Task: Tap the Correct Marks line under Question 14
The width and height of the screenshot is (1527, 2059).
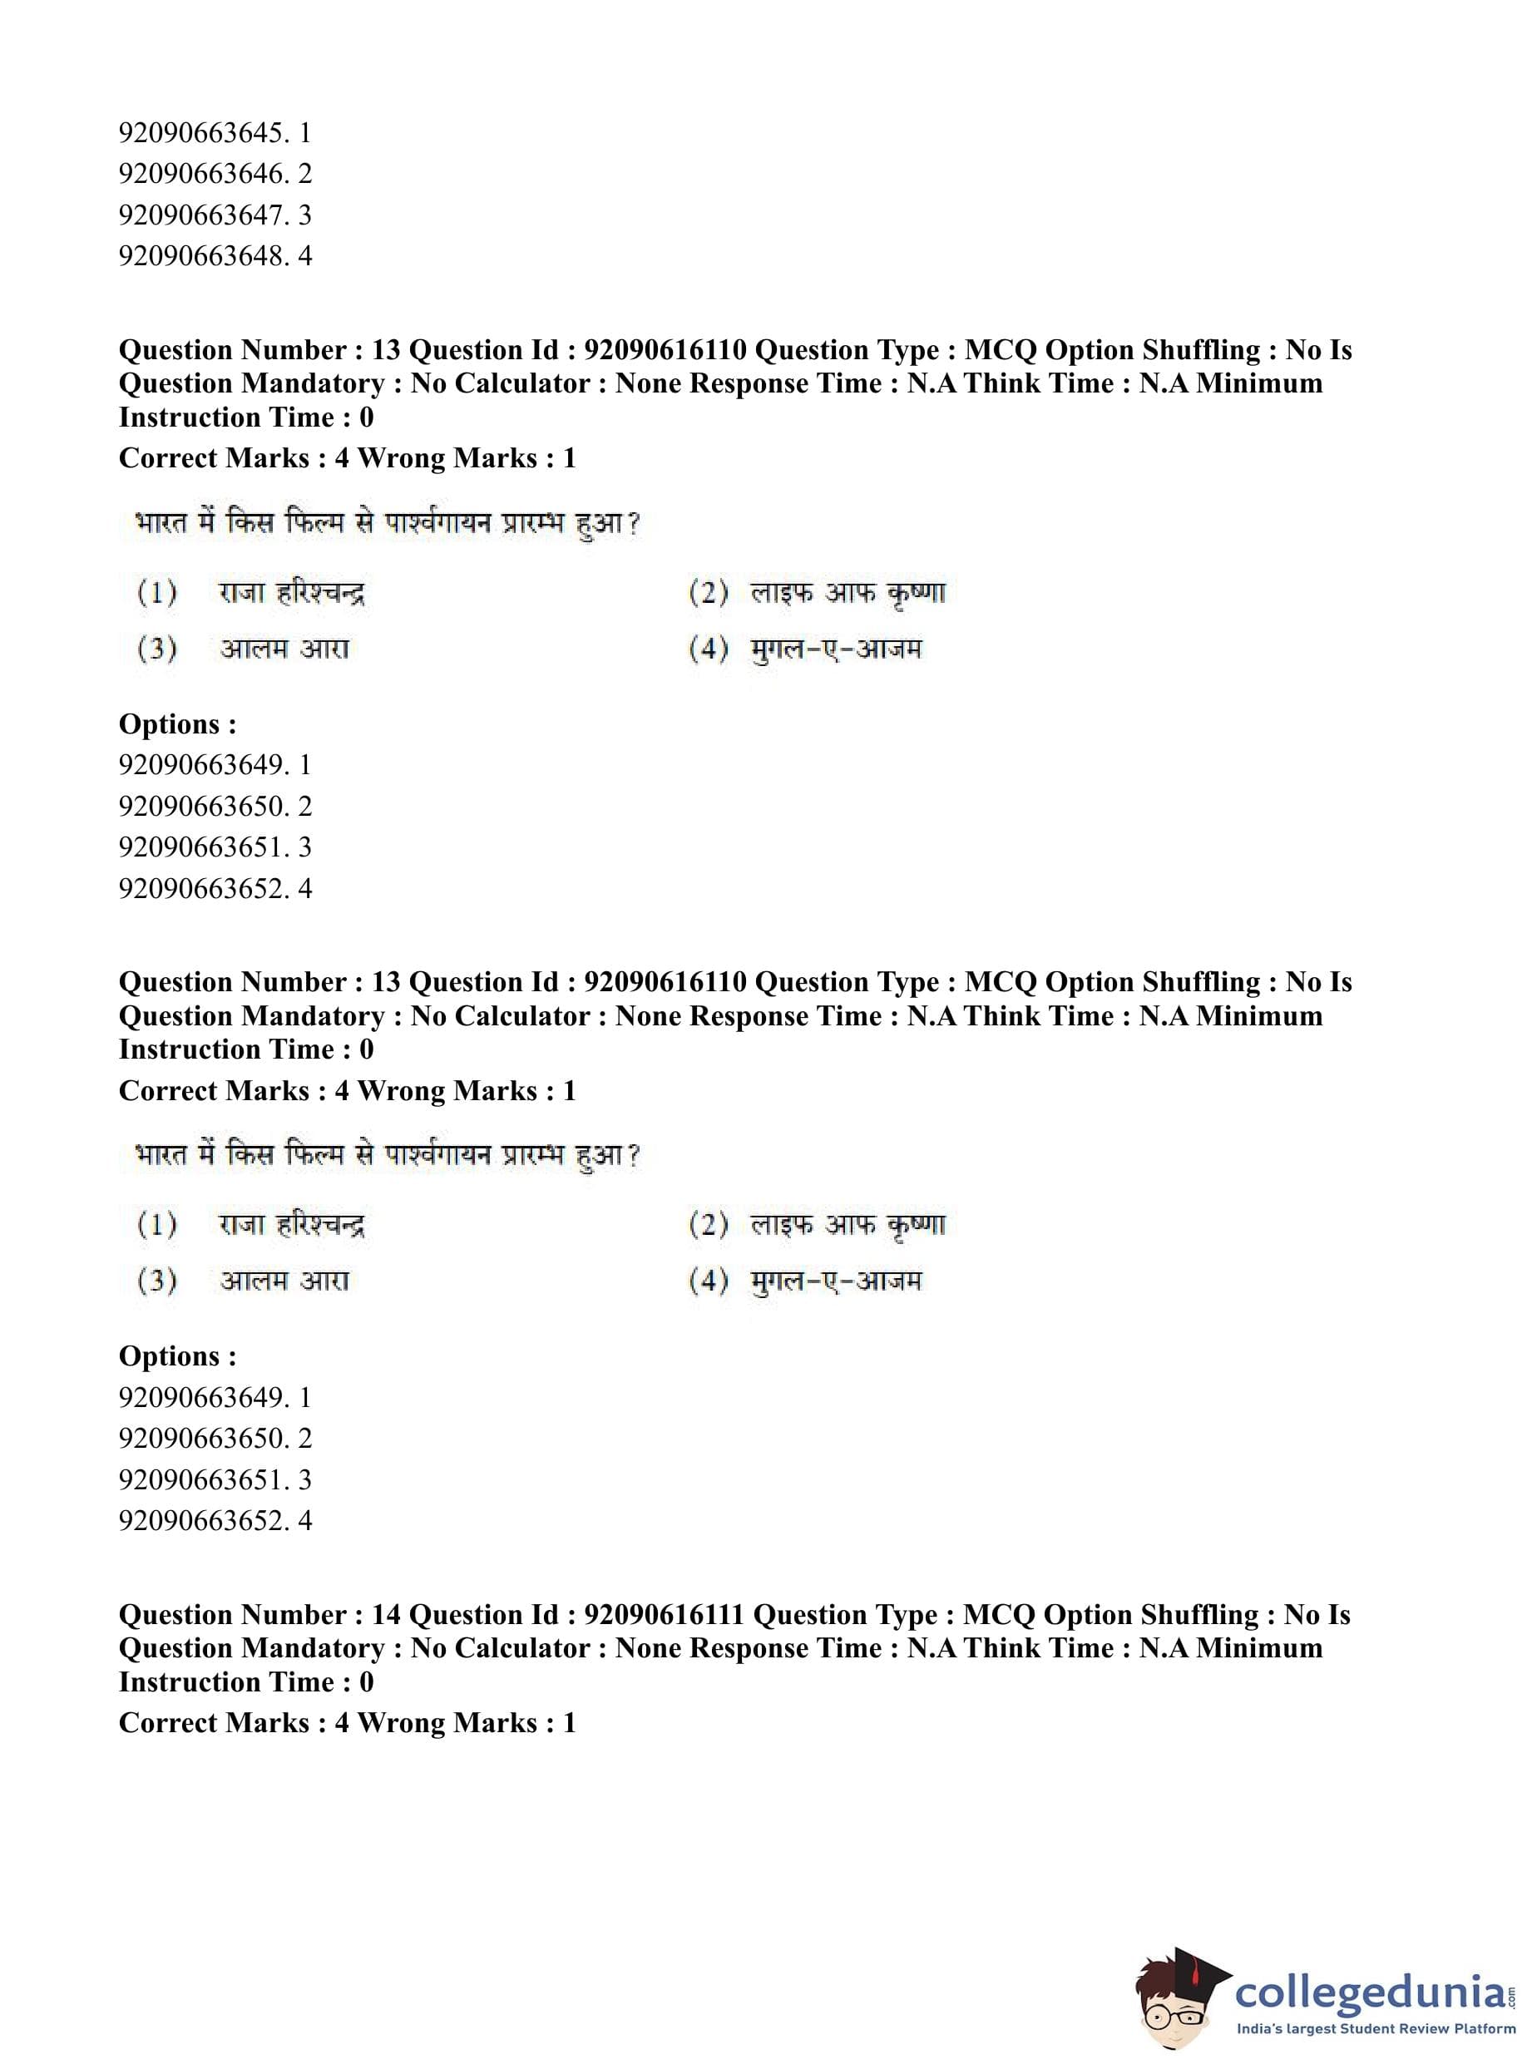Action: [x=347, y=1722]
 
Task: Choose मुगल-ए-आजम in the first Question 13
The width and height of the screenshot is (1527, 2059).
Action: [x=836, y=649]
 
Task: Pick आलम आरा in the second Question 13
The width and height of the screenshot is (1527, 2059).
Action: [x=284, y=1281]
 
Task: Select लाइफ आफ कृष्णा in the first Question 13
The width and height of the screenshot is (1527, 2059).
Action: [x=848, y=592]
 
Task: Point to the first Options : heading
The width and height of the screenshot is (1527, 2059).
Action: [x=177, y=723]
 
